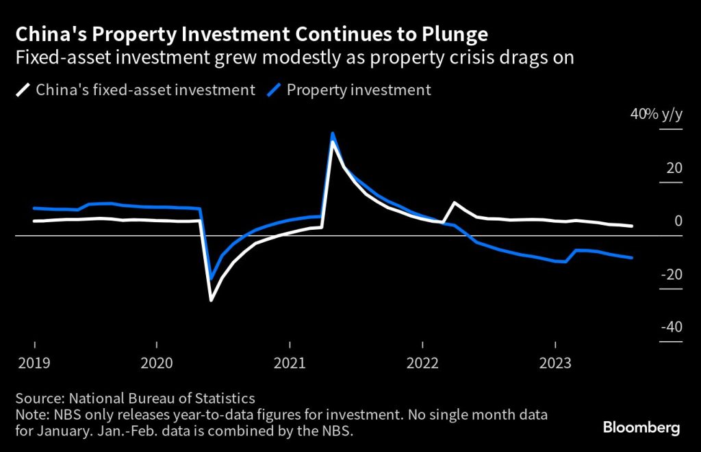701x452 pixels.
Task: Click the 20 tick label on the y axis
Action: click(674, 168)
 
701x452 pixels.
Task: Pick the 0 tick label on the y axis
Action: click(678, 221)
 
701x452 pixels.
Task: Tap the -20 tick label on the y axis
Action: click(671, 274)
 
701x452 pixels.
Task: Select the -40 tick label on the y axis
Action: click(671, 326)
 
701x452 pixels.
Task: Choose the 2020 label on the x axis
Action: click(157, 364)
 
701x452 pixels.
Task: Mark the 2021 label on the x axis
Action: click(290, 364)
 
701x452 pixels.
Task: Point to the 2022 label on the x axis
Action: click(422, 364)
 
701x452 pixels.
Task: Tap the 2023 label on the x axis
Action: click(555, 364)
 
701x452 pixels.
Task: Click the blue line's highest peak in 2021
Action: click(333, 133)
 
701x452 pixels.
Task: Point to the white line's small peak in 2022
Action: click(455, 202)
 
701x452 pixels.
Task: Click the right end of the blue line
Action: click(631, 258)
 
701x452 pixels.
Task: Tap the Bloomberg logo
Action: click(641, 428)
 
